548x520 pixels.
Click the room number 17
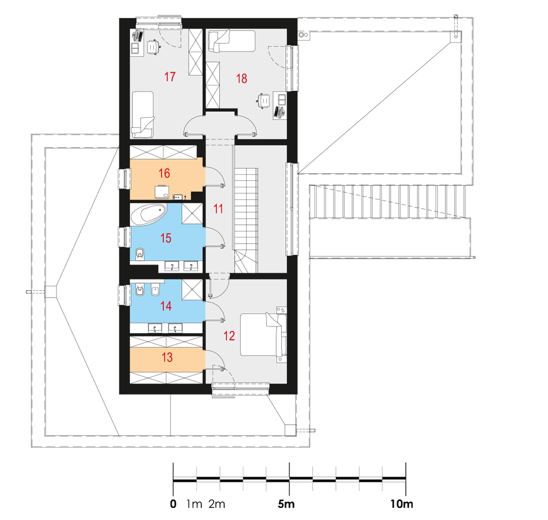pyautogui.click(x=170, y=77)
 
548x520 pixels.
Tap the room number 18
pyautogui.click(x=242, y=78)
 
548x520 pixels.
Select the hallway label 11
pyautogui.click(x=219, y=209)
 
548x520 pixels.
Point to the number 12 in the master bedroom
pyautogui.click(x=229, y=336)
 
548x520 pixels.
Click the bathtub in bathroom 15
pyautogui.click(x=148, y=214)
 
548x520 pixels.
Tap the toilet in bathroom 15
pyautogui.click(x=140, y=254)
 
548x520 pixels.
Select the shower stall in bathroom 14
pyautogui.click(x=192, y=290)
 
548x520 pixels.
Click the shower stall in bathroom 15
pyautogui.click(x=192, y=213)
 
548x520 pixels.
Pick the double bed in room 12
pyautogui.click(x=263, y=334)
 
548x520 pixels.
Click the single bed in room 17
pyautogui.click(x=142, y=115)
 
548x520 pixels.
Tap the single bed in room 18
pyautogui.click(x=232, y=41)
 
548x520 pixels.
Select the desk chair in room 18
pyautogui.click(x=264, y=101)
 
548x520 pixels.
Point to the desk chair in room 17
pyautogui.click(x=153, y=47)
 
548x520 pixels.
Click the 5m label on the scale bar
pyautogui.click(x=286, y=504)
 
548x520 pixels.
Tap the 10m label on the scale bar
pyautogui.click(x=402, y=504)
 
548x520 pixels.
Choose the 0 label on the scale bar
pyautogui.click(x=173, y=504)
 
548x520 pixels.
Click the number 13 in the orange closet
pyautogui.click(x=167, y=357)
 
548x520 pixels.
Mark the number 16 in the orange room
pyautogui.click(x=164, y=173)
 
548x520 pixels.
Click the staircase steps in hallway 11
pyautogui.click(x=246, y=220)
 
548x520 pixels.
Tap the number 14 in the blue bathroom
pyautogui.click(x=166, y=306)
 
